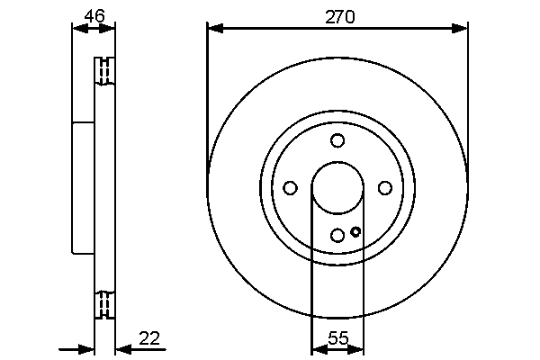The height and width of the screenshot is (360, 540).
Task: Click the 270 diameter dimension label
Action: (339, 17)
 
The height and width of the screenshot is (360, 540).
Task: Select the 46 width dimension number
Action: (94, 16)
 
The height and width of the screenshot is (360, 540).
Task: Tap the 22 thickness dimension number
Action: (149, 338)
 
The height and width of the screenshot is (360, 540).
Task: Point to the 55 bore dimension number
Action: (338, 338)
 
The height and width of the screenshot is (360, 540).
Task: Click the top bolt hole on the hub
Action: (337, 140)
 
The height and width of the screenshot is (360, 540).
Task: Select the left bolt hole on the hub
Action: (290, 188)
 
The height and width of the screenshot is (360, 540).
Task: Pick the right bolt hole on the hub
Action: (385, 188)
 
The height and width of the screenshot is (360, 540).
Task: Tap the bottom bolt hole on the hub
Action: (337, 236)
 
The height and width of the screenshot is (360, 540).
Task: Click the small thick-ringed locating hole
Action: (355, 231)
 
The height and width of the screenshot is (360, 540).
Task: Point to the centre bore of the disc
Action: (337, 188)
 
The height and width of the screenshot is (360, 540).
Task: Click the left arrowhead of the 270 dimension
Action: (216, 29)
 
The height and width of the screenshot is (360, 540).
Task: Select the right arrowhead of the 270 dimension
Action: (459, 29)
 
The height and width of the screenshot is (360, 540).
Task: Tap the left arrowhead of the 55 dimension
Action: (319, 350)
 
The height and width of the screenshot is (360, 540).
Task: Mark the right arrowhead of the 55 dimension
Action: (355, 350)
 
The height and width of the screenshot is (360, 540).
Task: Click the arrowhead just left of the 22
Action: (123, 350)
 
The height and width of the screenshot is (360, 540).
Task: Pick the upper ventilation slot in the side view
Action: (104, 71)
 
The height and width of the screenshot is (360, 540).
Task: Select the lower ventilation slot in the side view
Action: (104, 305)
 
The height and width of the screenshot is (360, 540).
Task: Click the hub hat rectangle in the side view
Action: (83, 188)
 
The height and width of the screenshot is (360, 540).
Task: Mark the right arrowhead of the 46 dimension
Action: (106, 29)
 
